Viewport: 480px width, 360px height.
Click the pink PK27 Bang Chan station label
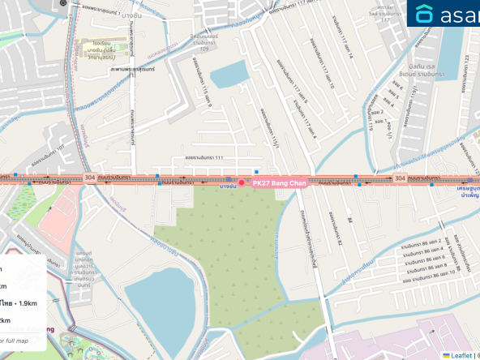coord(277,184)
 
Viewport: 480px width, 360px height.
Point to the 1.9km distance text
coord(25,302)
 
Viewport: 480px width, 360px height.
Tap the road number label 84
coord(351,221)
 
